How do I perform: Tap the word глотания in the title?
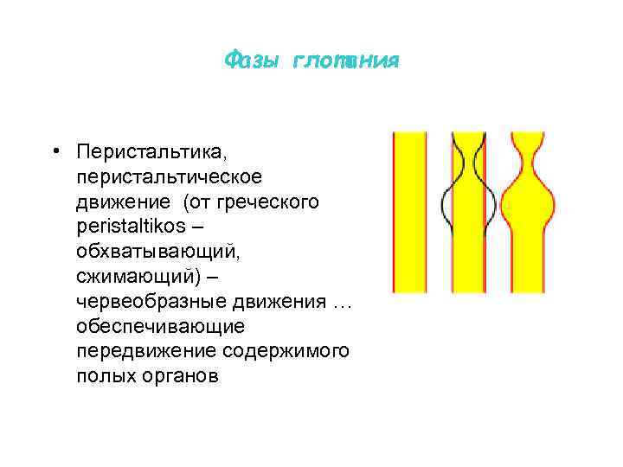(x=345, y=61)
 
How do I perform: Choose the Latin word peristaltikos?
(x=138, y=227)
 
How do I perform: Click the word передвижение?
(x=145, y=352)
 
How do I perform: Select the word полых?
(x=102, y=377)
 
